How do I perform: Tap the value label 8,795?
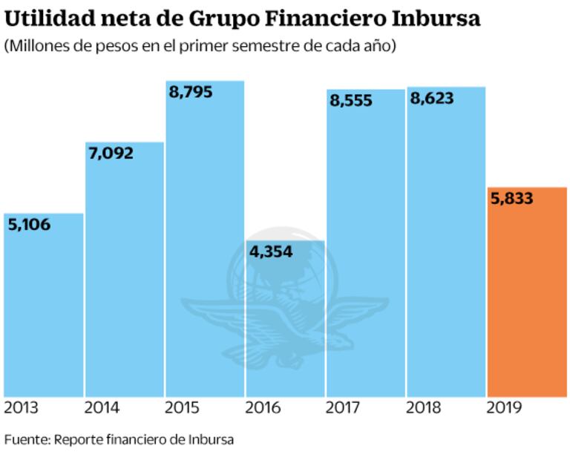(x=189, y=93)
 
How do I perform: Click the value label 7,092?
(x=110, y=154)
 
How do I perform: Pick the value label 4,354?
(x=271, y=252)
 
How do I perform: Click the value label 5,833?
(x=512, y=198)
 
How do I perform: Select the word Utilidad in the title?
(x=45, y=18)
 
